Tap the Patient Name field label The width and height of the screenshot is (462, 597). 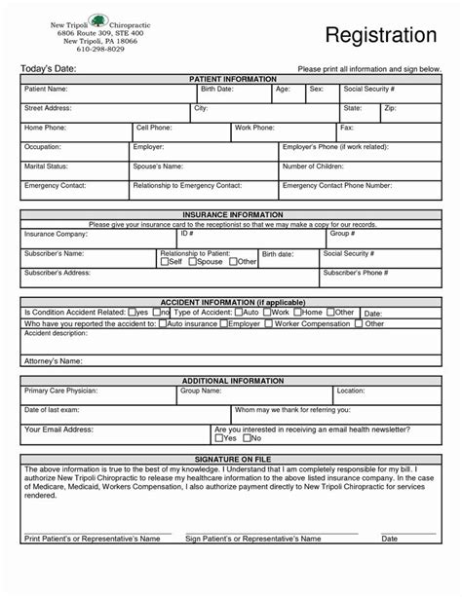[47, 89]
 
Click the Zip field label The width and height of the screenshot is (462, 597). [390, 108]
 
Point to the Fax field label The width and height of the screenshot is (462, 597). [346, 128]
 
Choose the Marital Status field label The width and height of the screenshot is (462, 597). [45, 167]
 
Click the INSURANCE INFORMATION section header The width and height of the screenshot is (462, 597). [232, 214]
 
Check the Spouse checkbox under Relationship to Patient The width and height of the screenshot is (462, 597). [192, 262]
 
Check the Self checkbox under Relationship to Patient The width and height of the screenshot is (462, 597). [164, 262]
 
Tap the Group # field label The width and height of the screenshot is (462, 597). [342, 234]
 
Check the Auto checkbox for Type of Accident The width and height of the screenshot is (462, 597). [238, 313]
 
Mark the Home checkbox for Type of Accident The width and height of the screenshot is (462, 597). [297, 313]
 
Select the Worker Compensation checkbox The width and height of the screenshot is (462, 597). [268, 323]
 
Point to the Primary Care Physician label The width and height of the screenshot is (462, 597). [60, 390]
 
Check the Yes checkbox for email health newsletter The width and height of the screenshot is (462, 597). [218, 438]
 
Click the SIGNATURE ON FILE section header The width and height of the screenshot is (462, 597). [232, 459]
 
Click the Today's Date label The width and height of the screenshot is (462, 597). [49, 69]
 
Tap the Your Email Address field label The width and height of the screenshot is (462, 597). [58, 429]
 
